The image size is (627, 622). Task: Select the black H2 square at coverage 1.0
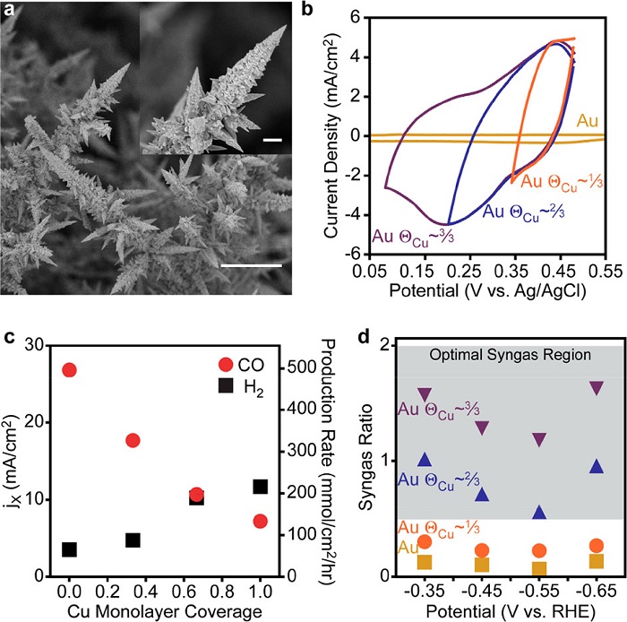click(260, 487)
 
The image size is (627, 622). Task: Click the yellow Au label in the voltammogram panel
click(588, 118)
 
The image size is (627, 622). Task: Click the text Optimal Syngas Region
click(496, 355)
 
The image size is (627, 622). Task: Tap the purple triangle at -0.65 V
click(596, 388)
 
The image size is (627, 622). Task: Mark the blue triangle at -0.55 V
click(538, 513)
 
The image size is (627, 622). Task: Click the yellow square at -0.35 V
click(425, 562)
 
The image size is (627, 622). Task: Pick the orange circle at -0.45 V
click(482, 550)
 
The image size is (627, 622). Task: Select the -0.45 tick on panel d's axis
click(482, 593)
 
